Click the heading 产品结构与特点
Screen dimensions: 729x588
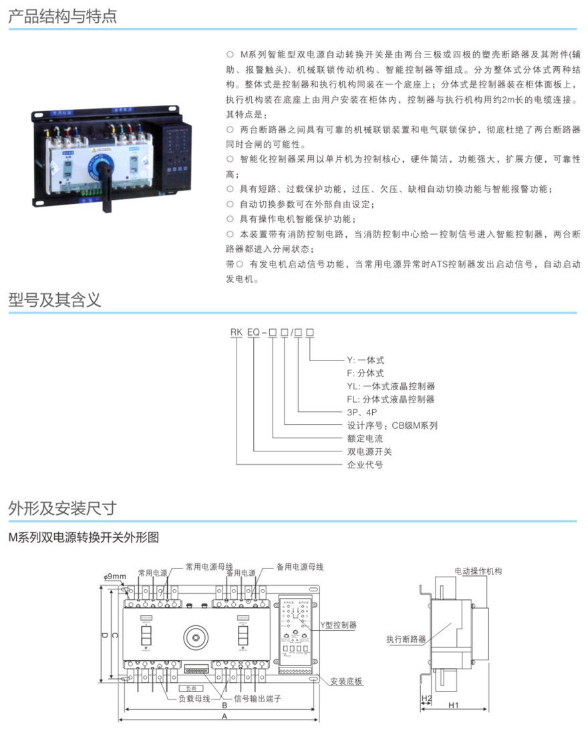pos(63,16)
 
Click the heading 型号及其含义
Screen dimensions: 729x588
pos(55,299)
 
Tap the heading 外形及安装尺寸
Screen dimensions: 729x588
pos(63,508)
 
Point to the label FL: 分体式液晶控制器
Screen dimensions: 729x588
pos(391,399)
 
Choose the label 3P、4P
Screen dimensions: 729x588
pos(362,412)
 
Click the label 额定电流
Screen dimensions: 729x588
pos(364,438)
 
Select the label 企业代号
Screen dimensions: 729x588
pos(365,464)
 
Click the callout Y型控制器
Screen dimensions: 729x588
pos(339,625)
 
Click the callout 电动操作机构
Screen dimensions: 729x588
pos(478,571)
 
